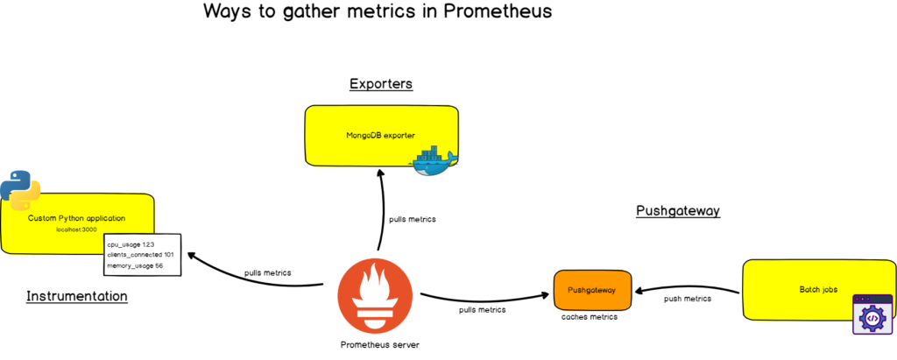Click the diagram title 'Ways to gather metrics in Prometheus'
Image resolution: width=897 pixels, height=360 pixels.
pyautogui.click(x=378, y=12)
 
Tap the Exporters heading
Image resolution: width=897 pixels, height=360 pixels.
pyautogui.click(x=381, y=84)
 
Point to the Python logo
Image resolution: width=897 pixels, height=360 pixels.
pyautogui.click(x=20, y=188)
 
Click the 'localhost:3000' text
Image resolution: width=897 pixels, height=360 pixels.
pyautogui.click(x=76, y=229)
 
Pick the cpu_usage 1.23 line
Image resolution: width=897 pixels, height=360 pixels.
pyautogui.click(x=131, y=244)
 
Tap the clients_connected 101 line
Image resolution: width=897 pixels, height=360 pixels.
pyautogui.click(x=140, y=254)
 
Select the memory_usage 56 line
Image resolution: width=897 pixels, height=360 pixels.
pyautogui.click(x=135, y=265)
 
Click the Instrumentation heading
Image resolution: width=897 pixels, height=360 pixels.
pyautogui.click(x=77, y=296)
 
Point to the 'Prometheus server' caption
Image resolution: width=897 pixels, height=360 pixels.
pyautogui.click(x=380, y=344)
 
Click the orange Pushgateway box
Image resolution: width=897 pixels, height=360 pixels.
pyautogui.click(x=592, y=290)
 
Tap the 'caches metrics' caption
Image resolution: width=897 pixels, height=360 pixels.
pyautogui.click(x=590, y=317)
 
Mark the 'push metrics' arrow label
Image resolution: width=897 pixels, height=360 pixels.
pyautogui.click(x=688, y=299)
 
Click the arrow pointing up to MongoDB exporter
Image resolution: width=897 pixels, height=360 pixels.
pyautogui.click(x=380, y=210)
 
